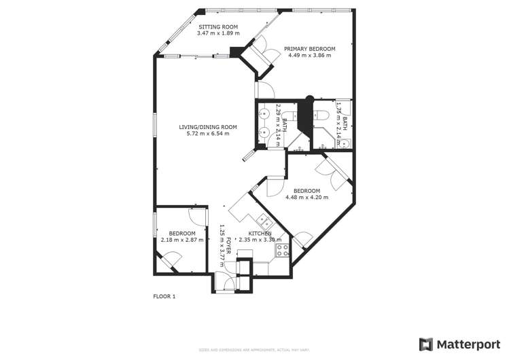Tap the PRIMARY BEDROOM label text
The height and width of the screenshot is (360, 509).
[309, 49]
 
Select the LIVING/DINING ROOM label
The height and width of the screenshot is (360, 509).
[208, 127]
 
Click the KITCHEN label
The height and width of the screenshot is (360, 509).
[260, 233]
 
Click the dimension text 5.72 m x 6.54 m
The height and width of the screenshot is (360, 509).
[208, 134]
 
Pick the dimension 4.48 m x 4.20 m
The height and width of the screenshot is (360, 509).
[306, 198]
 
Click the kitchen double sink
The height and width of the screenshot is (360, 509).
[264, 221]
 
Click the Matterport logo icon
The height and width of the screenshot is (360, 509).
[425, 344]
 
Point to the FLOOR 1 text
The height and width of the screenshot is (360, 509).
[164, 296]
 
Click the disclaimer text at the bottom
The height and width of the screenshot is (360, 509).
[253, 350]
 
